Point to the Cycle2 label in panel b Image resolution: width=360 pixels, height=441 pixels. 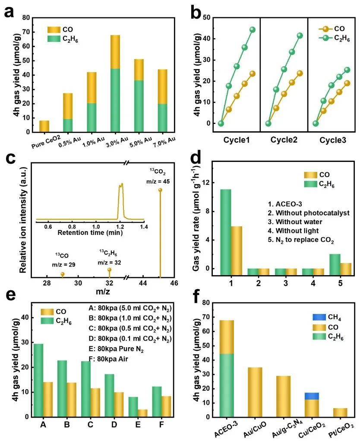284,140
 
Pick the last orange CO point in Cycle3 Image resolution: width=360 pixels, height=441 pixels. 347,83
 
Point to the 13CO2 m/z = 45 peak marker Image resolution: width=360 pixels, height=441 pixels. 160,190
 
